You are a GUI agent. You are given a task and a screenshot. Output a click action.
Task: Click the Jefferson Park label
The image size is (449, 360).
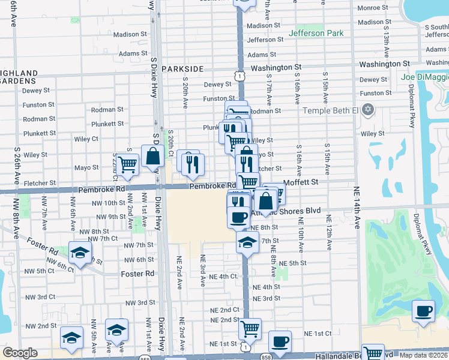[316, 33]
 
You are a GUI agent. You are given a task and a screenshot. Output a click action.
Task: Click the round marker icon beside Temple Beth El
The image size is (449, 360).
[368, 110]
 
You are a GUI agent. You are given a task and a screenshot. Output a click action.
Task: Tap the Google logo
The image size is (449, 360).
[20, 353]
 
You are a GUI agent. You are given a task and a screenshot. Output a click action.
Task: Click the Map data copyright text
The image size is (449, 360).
[423, 355]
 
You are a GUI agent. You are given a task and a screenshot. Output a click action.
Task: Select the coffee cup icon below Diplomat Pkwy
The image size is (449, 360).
[424, 311]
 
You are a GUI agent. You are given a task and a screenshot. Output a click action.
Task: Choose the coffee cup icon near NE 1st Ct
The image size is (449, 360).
[279, 341]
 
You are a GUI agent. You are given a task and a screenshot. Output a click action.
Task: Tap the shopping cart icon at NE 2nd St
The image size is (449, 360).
[249, 328]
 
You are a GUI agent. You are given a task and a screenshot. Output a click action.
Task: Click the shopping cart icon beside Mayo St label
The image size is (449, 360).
[127, 163]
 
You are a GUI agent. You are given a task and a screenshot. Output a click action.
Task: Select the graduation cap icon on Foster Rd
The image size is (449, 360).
[80, 253]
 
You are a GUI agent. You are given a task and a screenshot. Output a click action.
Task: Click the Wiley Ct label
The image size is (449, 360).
[86, 139]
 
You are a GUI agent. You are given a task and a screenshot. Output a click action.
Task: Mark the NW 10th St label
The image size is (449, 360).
[109, 203]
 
